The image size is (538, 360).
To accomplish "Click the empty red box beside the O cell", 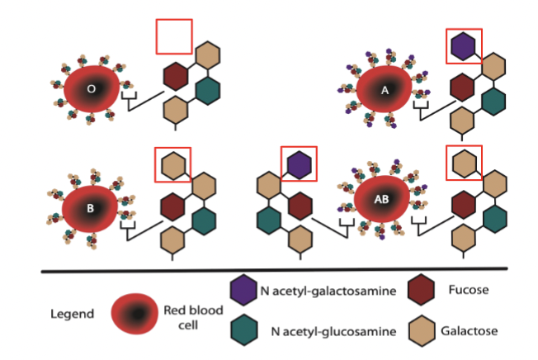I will (174, 36).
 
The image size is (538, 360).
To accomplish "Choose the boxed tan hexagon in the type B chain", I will (173, 163).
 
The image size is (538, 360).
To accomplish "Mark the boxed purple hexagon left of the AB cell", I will (300, 163).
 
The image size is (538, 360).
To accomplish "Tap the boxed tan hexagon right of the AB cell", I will (463, 163).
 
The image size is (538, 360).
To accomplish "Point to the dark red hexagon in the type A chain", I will (464, 87).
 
